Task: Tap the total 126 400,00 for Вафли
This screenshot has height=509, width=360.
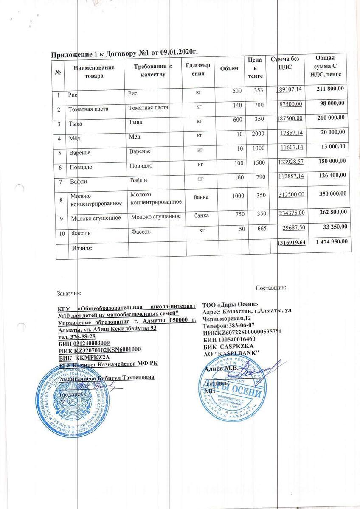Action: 331,175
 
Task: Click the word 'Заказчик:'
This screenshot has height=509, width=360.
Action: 70,293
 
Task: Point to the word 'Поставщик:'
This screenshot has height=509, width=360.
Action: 271,288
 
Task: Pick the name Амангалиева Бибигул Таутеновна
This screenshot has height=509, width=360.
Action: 107,378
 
